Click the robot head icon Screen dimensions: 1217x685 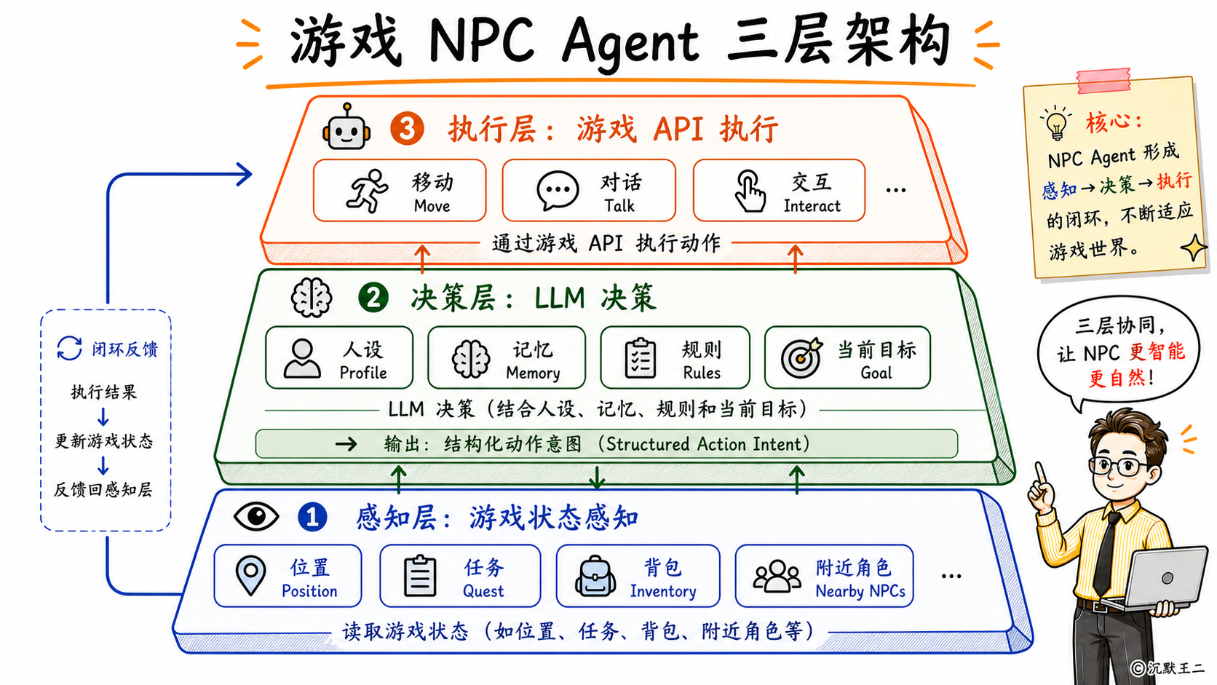pyautogui.click(x=346, y=127)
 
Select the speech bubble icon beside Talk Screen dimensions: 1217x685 pyautogui.click(x=558, y=190)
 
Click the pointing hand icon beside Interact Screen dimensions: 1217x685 pyautogui.click(x=750, y=191)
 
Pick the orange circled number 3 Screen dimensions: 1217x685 pyautogui.click(x=407, y=129)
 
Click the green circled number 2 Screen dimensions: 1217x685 pyautogui.click(x=373, y=298)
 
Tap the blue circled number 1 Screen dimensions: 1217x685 pyautogui.click(x=312, y=517)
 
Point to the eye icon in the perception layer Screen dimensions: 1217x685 pyautogui.click(x=256, y=516)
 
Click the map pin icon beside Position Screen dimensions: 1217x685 pyautogui.click(x=250, y=576)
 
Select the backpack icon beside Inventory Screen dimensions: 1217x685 pyautogui.click(x=595, y=576)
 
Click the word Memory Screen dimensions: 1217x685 pyautogui.click(x=533, y=373)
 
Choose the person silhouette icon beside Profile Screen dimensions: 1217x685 pyautogui.click(x=302, y=359)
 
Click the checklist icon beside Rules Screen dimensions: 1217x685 pyautogui.click(x=640, y=358)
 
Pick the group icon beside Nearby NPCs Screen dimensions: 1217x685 pyautogui.click(x=777, y=576)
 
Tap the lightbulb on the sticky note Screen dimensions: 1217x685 pyautogui.click(x=1055, y=123)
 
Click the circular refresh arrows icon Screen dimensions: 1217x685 pyautogui.click(x=70, y=348)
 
